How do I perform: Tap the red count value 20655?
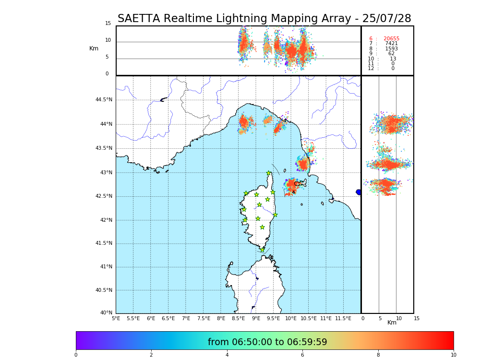tap(391, 39)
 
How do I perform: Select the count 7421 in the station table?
tap(391, 44)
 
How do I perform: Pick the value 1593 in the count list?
tap(391, 49)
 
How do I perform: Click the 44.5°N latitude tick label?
tap(104, 100)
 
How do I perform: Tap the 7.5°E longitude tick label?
tap(204, 319)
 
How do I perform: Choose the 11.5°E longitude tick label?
tap(343, 319)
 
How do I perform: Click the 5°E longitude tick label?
tap(116, 319)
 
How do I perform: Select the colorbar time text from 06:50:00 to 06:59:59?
tap(267, 342)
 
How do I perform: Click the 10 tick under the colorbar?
tap(453, 355)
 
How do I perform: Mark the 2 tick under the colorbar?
tap(151, 355)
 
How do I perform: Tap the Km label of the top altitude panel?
tap(94, 48)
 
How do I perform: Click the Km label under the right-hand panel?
tap(392, 323)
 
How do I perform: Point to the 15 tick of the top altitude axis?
tap(108, 24)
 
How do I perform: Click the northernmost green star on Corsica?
tap(269, 173)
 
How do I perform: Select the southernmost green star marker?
tap(262, 250)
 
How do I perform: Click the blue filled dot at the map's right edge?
tap(359, 192)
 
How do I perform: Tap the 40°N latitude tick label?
tap(106, 313)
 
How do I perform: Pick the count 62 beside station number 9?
tap(391, 54)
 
